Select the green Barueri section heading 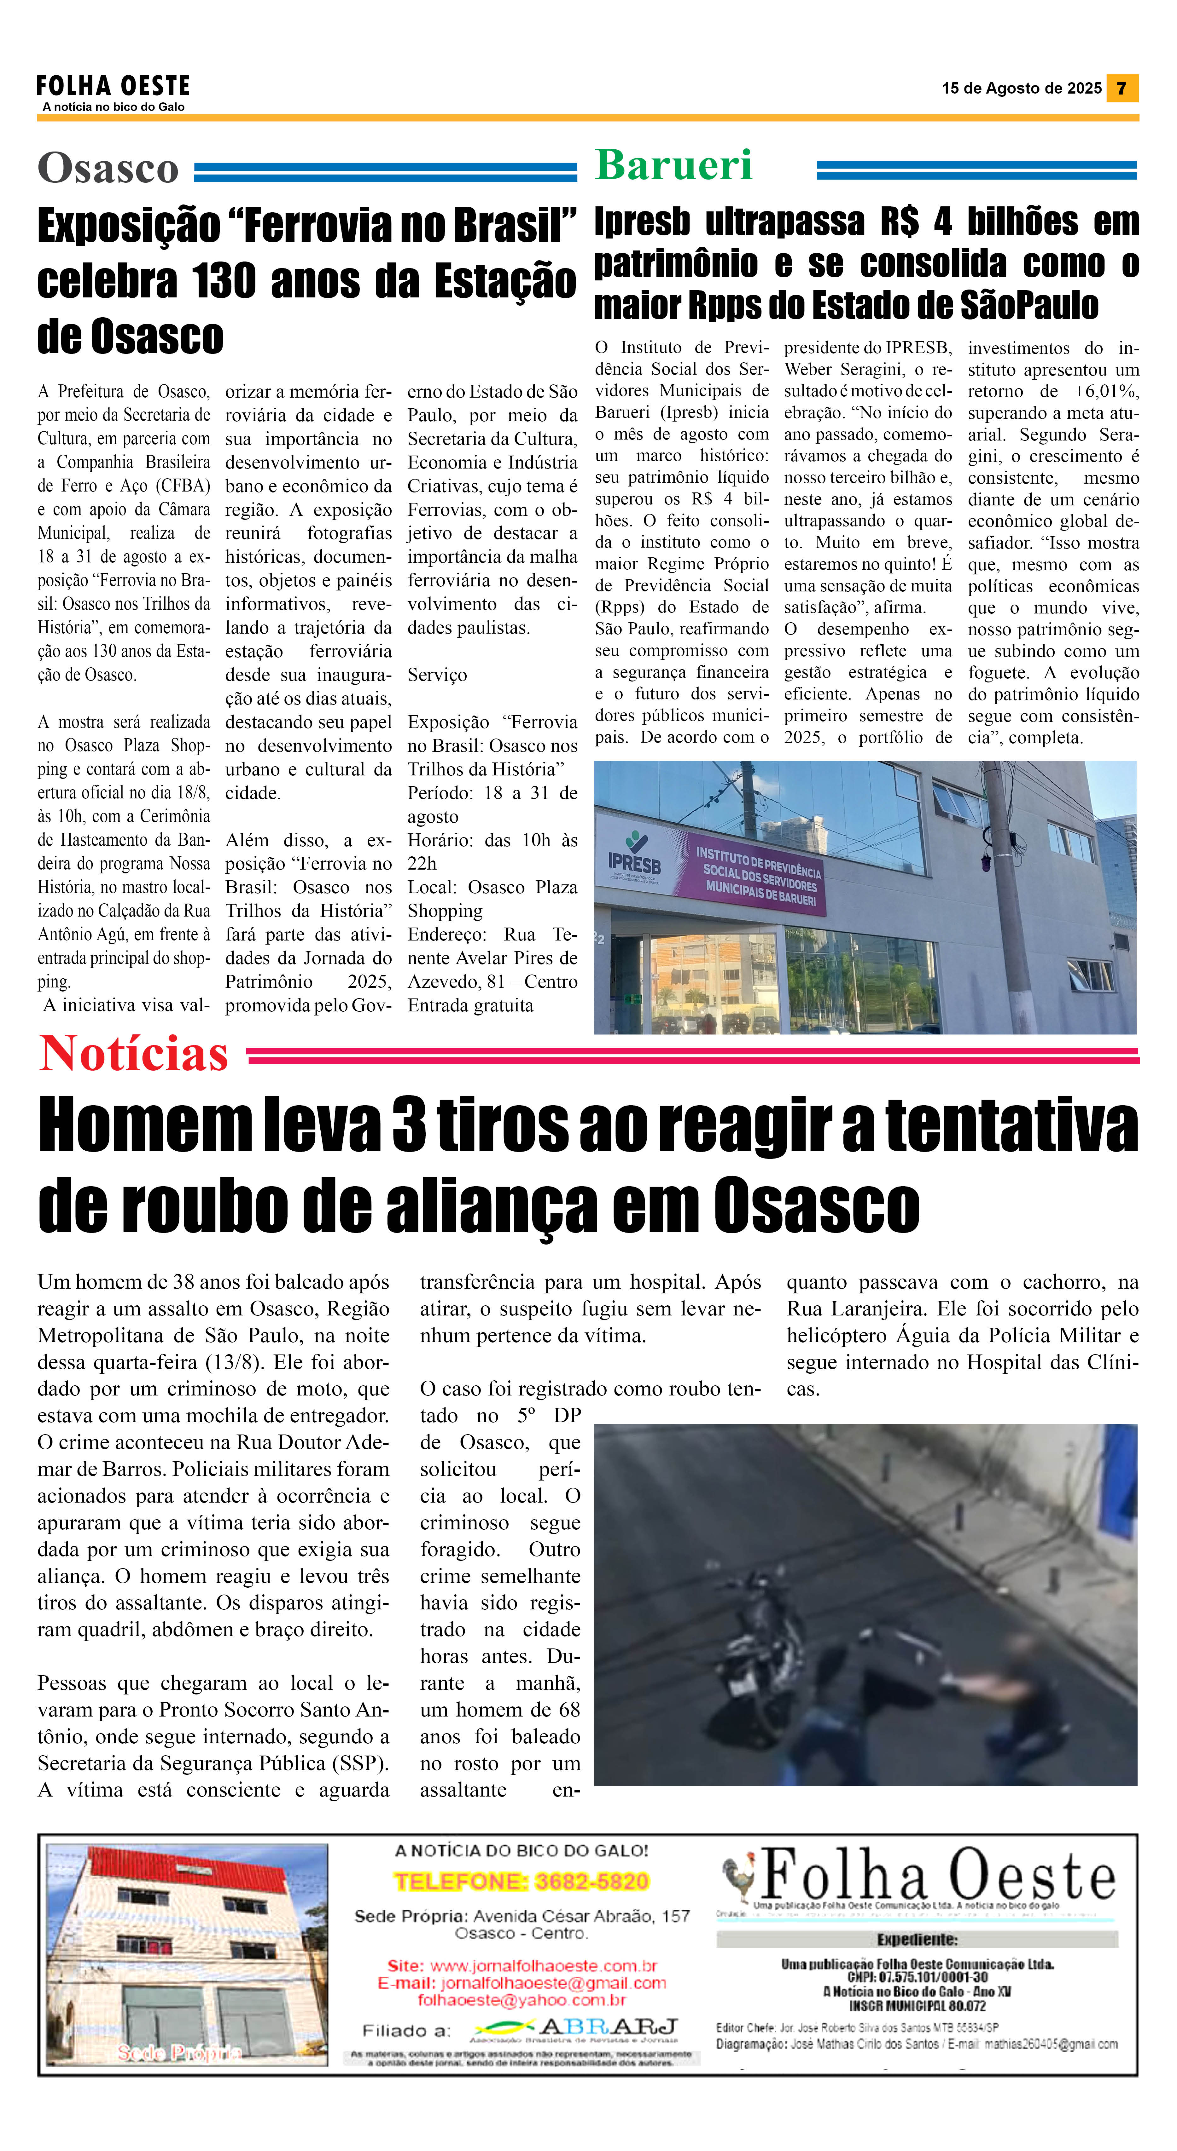click(x=673, y=164)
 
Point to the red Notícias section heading click(x=134, y=1054)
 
